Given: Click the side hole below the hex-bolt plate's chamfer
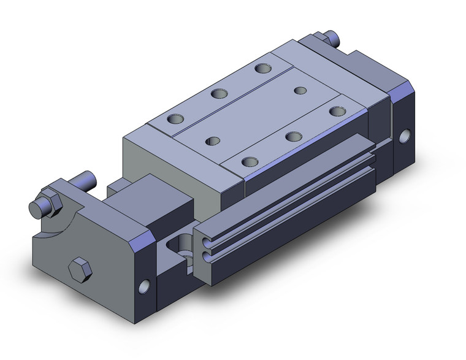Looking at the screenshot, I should point(145,286).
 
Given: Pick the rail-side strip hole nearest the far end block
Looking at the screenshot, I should point(335,111).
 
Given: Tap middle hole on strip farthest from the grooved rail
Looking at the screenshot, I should point(218,94).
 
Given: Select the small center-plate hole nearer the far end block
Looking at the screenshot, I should point(300,91).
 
